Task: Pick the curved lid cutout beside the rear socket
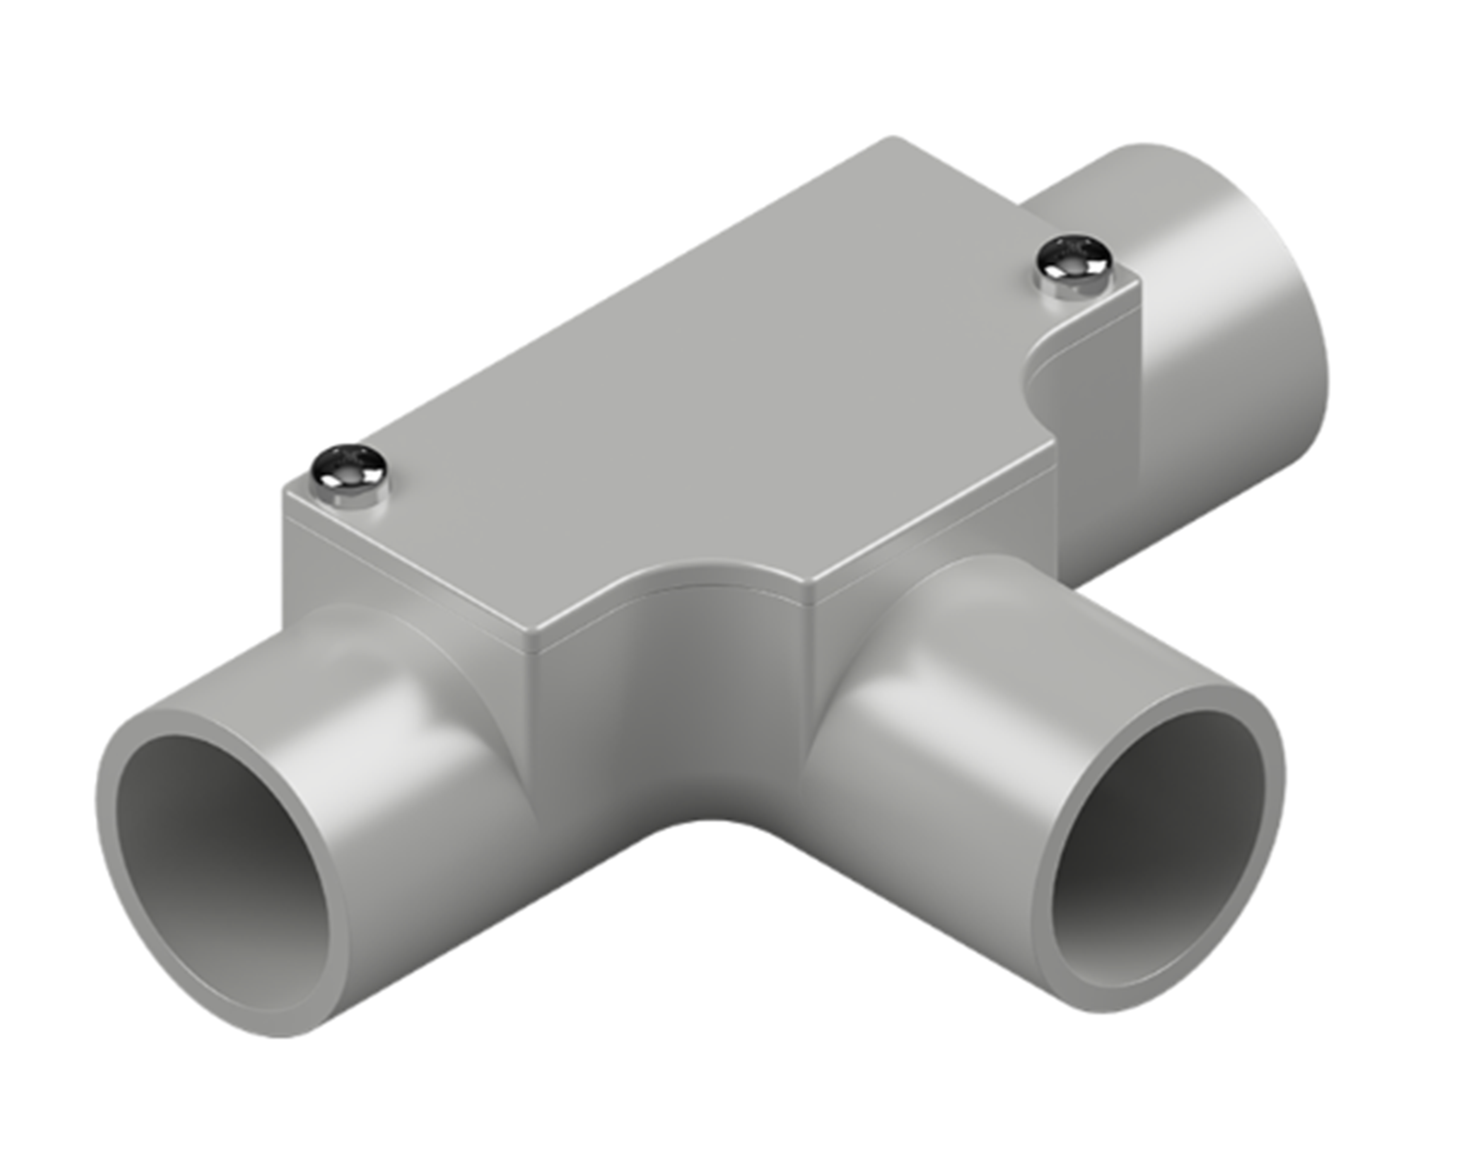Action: [x=1045, y=379]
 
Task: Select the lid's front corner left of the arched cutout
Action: [x=538, y=636]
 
